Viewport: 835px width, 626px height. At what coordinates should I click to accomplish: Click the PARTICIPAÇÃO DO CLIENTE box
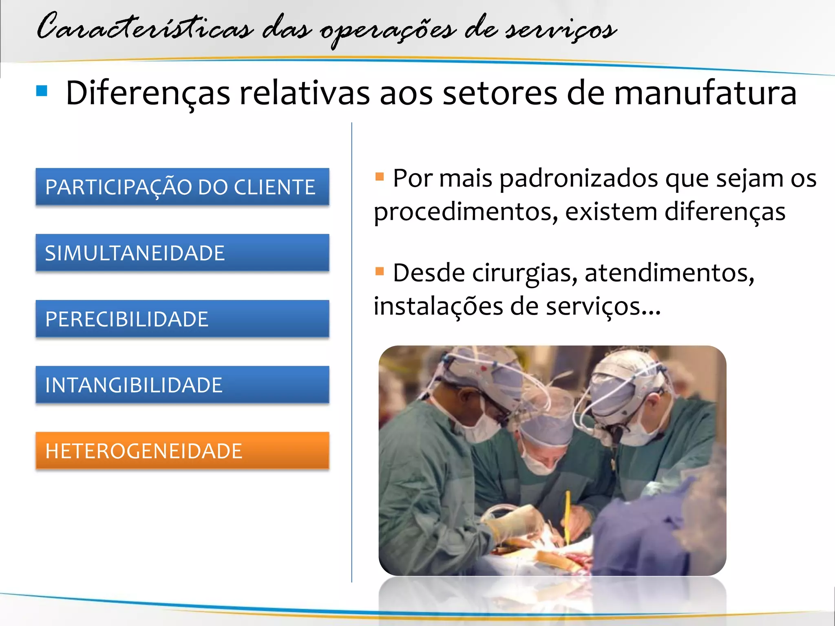pos(182,187)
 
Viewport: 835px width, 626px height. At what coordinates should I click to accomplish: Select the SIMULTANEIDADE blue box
pos(182,253)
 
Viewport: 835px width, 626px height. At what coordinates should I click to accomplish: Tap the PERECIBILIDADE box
pos(182,319)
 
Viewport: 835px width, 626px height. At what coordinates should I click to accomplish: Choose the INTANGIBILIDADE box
pos(182,385)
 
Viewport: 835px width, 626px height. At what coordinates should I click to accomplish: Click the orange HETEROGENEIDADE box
pos(182,451)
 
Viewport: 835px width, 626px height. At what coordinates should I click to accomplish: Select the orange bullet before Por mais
pos(380,176)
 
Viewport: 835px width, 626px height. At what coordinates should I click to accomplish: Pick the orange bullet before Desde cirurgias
pos(380,271)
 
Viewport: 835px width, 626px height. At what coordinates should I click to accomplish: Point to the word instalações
pos(438,306)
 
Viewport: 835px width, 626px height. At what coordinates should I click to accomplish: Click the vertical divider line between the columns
pos(351,350)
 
